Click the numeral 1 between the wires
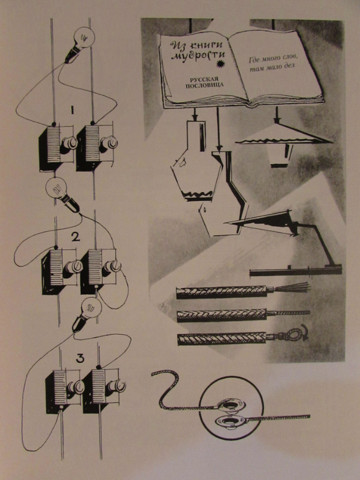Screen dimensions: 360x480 (x=72, y=110)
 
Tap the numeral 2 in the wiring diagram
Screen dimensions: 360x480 (x=75, y=237)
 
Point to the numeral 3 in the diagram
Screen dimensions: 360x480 (x=80, y=358)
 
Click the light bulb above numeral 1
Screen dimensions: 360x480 (x=80, y=42)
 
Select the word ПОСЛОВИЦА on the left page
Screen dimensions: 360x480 (x=204, y=85)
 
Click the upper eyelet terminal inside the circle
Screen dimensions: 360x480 (x=232, y=405)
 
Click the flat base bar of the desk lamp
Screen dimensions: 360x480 (x=295, y=271)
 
